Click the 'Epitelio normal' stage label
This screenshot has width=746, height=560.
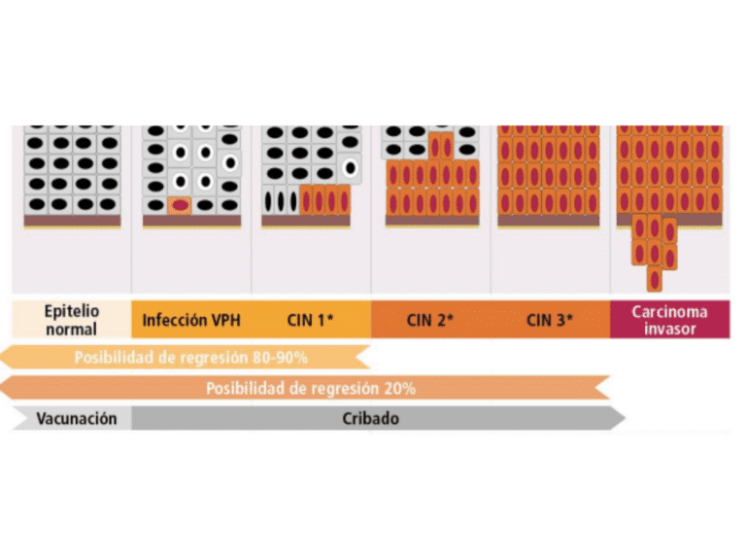pyautogui.click(x=71, y=320)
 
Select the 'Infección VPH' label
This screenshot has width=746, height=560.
pyautogui.click(x=190, y=320)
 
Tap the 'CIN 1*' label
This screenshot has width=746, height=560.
pyautogui.click(x=311, y=320)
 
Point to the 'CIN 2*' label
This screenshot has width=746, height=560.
pyautogui.click(x=430, y=320)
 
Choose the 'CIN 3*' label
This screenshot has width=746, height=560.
pyautogui.click(x=550, y=320)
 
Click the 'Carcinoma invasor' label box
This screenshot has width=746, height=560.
pyautogui.click(x=669, y=320)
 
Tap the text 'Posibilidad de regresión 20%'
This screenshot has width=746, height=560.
pyautogui.click(x=310, y=389)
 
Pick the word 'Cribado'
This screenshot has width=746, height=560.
pyautogui.click(x=370, y=419)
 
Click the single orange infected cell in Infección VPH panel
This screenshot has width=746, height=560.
pyautogui.click(x=179, y=205)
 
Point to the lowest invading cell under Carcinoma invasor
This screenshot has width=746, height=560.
pyautogui.click(x=655, y=278)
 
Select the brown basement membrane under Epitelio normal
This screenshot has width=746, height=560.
pyautogui.click(x=72, y=222)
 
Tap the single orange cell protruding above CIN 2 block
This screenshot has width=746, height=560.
pyautogui.click(x=441, y=147)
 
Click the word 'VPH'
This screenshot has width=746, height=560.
pyautogui.click(x=221, y=320)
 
